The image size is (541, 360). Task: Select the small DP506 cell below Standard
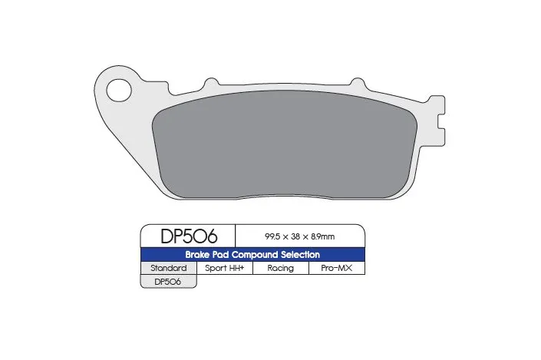[x=169, y=282]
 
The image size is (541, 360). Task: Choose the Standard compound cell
[x=169, y=269]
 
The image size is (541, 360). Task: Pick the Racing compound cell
[x=281, y=269]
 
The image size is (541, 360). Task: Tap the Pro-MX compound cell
[x=336, y=269]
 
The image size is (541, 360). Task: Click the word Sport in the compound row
[x=216, y=269]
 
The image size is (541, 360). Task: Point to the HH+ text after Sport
[x=236, y=269]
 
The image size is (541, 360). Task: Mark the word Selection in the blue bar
[x=304, y=254]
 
